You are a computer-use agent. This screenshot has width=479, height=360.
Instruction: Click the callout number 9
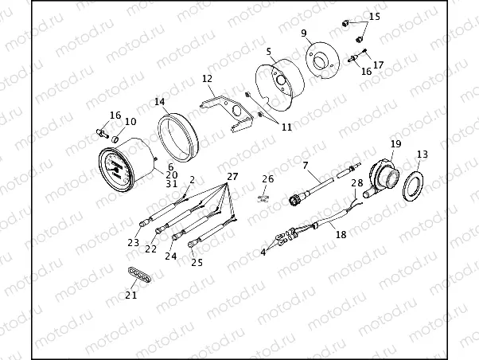pyautogui.click(x=304, y=33)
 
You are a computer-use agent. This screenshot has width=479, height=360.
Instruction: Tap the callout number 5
pyautogui.click(x=268, y=52)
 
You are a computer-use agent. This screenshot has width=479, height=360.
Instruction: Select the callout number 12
pyautogui.click(x=207, y=79)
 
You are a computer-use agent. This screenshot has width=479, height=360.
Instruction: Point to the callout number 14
pyautogui.click(x=159, y=101)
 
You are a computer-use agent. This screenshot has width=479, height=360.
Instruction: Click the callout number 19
pyautogui.click(x=396, y=143)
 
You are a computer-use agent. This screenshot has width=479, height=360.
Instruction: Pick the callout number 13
pyautogui.click(x=423, y=155)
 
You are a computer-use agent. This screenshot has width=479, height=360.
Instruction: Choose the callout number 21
pyautogui.click(x=131, y=295)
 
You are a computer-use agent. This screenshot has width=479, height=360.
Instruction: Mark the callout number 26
pyautogui.click(x=268, y=178)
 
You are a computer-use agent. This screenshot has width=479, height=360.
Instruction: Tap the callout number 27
pyautogui.click(x=232, y=177)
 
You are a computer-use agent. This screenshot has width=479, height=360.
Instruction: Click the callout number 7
pyautogui.click(x=306, y=166)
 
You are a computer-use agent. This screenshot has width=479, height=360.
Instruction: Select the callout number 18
pyautogui.click(x=341, y=234)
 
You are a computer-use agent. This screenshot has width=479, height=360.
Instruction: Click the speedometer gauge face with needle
pyautogui.click(x=117, y=170)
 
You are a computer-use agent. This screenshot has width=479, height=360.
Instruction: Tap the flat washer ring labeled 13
pyautogui.click(x=413, y=186)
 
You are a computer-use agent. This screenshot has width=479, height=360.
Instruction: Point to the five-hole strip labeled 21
pyautogui.click(x=139, y=276)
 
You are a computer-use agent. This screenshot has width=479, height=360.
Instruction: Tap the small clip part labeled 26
pyautogui.click(x=263, y=198)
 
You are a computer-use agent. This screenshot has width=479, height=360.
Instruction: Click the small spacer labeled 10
pyautogui.click(x=115, y=140)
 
